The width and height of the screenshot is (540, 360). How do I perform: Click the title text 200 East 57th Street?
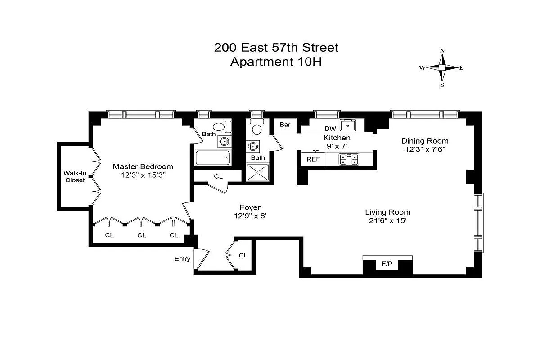point(276,48)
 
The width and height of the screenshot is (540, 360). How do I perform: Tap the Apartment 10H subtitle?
point(276,62)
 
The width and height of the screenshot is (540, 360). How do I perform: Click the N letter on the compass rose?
point(442,51)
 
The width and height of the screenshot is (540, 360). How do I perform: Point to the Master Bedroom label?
point(143,166)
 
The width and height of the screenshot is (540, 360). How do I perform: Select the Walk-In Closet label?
point(74,176)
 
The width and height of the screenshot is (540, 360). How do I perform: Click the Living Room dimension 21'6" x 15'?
point(387,220)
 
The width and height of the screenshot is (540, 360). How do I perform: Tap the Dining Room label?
point(425,141)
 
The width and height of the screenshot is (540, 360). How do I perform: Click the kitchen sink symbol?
point(348,125)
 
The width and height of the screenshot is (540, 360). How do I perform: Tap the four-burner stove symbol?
point(348,159)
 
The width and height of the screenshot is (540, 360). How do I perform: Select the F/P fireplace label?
point(387,264)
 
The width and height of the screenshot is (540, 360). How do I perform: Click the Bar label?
point(285,125)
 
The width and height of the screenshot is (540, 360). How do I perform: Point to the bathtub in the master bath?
point(213,158)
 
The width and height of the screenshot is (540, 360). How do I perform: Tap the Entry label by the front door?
point(182,259)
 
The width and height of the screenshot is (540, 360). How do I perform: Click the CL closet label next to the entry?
point(243,255)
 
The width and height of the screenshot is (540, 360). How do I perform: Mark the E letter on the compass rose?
point(461,68)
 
